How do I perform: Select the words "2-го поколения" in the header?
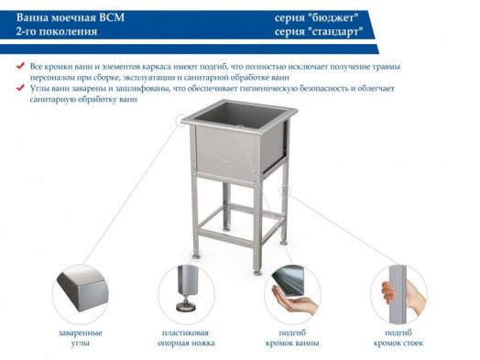[x=56, y=31]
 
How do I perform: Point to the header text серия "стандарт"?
[x=324, y=31]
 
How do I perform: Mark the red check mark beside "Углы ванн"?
[x=21, y=89]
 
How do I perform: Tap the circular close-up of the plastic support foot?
[x=187, y=291]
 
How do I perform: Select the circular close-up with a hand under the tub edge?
[x=293, y=291]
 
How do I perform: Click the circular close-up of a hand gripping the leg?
[x=398, y=291]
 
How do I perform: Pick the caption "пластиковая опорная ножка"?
[x=187, y=338]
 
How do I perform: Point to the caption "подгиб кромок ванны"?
[x=293, y=338]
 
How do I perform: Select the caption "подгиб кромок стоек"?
[x=398, y=338]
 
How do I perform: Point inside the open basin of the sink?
[x=237, y=116]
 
